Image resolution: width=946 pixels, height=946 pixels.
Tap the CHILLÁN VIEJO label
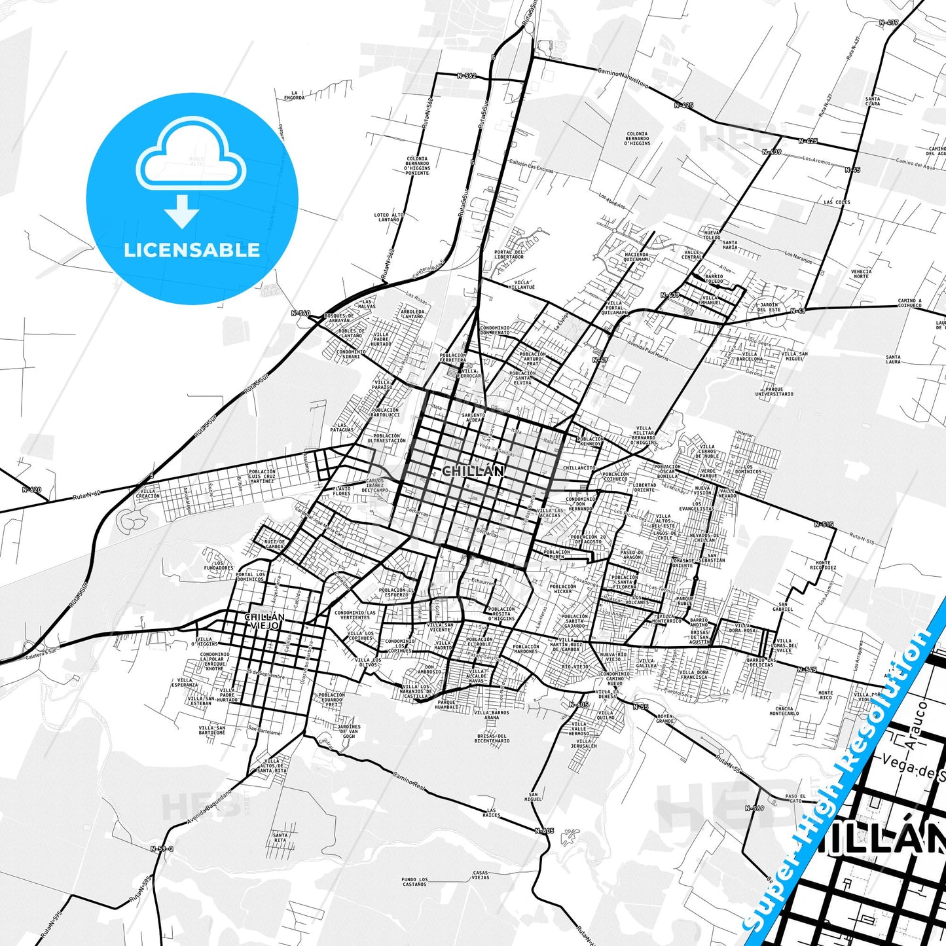pyautogui.click(x=264, y=621)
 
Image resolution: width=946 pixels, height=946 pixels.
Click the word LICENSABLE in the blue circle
pyautogui.click(x=192, y=250)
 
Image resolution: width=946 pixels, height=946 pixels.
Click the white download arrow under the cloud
pyautogui.click(x=181, y=211)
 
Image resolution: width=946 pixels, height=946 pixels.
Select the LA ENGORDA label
pyautogui.click(x=294, y=96)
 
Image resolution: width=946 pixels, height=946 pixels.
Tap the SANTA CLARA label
pyautogui.click(x=873, y=101)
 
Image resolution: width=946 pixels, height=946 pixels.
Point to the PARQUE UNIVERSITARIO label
pyautogui.click(x=774, y=391)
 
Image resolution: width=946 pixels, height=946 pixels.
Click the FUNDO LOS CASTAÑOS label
pyautogui.click(x=414, y=882)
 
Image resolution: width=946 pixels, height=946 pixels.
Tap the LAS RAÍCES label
pyautogui.click(x=491, y=812)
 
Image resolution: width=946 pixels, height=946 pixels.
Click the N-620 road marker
pyautogui.click(x=31, y=489)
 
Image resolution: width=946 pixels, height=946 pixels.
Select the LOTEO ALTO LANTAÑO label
pyautogui.click(x=389, y=217)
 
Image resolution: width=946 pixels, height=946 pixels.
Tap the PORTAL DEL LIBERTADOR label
pyautogui.click(x=509, y=254)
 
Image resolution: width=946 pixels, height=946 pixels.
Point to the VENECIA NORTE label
pyautogui.click(x=861, y=274)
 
